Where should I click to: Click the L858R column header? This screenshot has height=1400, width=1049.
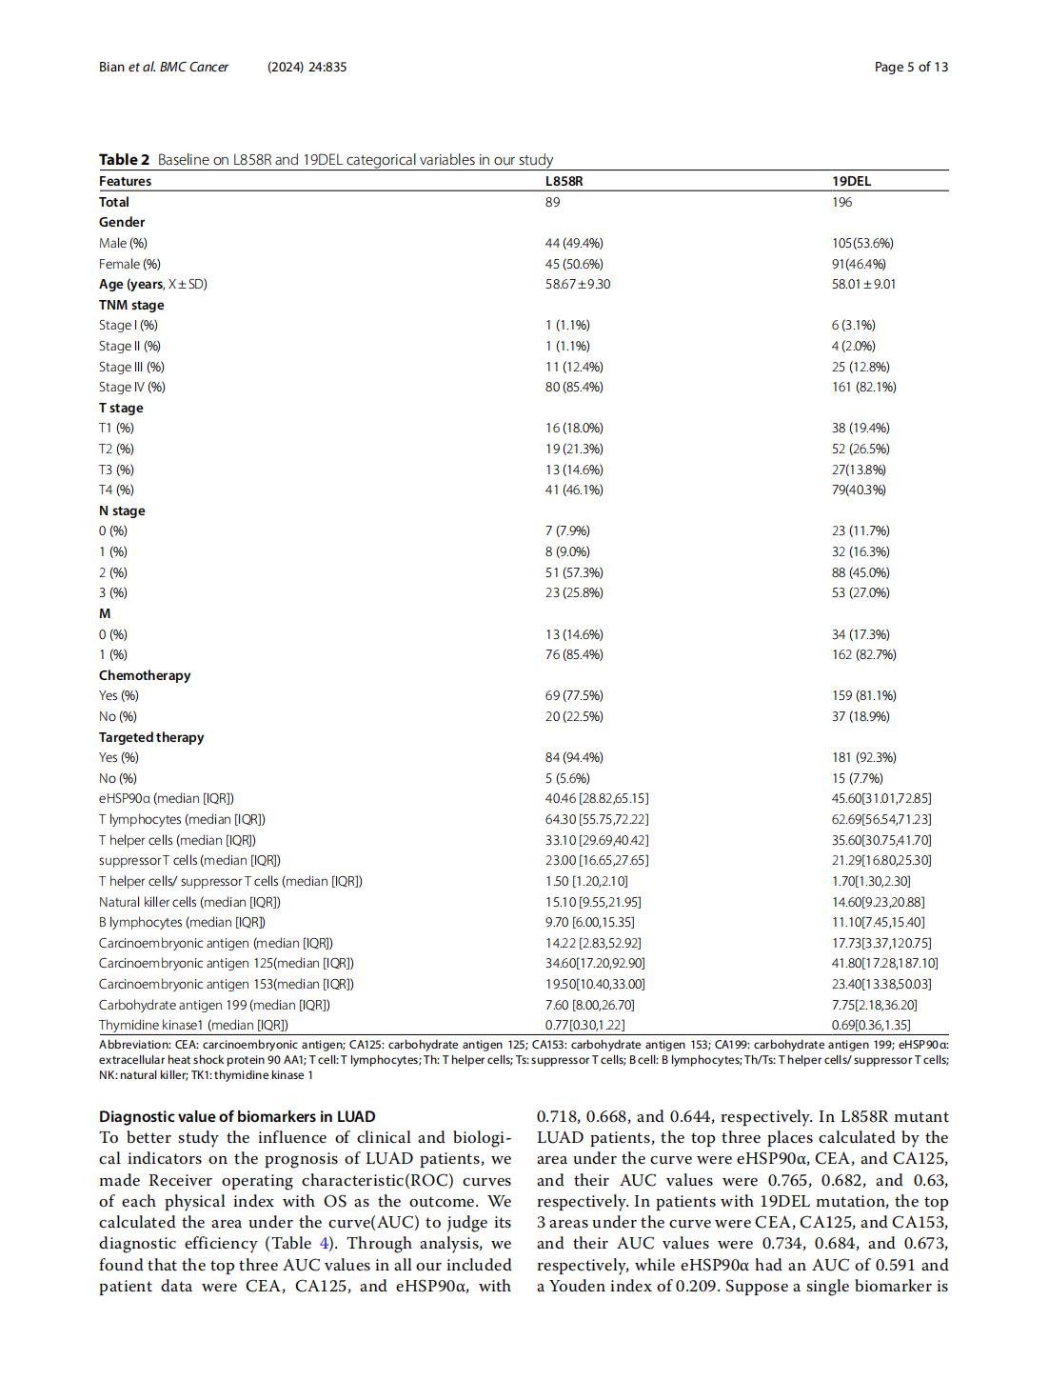564,181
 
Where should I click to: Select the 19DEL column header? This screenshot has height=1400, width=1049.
851,181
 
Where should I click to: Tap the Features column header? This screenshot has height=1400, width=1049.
125,181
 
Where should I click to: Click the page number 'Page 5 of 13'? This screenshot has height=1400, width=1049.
911,67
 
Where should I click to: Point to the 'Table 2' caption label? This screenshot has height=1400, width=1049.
124,160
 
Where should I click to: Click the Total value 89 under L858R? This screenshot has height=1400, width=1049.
552,202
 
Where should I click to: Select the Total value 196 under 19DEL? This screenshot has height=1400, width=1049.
841,202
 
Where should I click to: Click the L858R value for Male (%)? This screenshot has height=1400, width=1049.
573,243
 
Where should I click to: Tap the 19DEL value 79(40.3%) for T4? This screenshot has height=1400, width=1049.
859,490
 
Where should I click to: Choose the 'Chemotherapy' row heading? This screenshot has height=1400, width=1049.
145,675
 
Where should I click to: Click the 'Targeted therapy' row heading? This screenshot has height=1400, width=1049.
151,737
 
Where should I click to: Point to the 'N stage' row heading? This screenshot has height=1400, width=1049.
122,510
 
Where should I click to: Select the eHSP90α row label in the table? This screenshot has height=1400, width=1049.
166,798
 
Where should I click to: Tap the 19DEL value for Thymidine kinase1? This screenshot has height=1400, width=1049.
870,1025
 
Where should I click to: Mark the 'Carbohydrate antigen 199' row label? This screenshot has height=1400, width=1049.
214,1005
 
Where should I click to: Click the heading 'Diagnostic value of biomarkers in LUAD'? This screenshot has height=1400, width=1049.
237,1116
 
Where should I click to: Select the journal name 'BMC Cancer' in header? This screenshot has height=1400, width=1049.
194,67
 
